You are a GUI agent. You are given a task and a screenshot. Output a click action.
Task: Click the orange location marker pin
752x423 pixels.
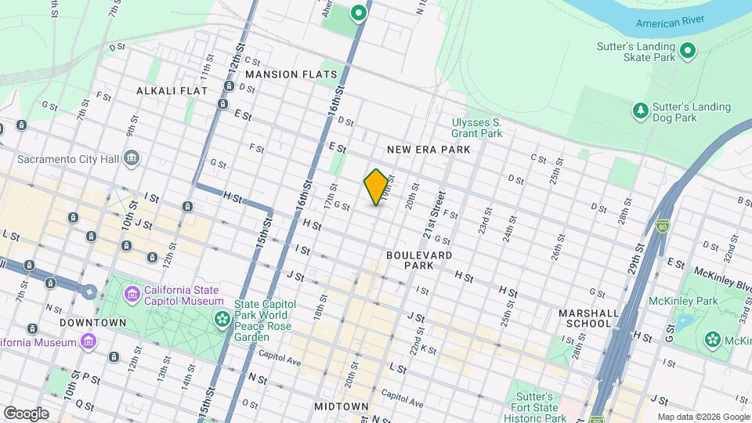pyautogui.click(x=376, y=187)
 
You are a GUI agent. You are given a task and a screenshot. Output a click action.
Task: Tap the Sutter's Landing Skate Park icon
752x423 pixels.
pyautogui.click(x=688, y=52)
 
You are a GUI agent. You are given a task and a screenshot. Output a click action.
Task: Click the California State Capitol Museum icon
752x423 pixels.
pyautogui.click(x=132, y=295)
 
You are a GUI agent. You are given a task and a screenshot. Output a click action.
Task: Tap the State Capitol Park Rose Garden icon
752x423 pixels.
pyautogui.click(x=223, y=318)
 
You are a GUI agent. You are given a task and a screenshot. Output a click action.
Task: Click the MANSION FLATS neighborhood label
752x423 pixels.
pyautogui.click(x=291, y=74)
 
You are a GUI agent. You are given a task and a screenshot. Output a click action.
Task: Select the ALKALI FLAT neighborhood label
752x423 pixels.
pyautogui.click(x=172, y=91)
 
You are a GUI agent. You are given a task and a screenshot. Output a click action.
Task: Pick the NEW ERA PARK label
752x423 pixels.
pyautogui.click(x=428, y=149)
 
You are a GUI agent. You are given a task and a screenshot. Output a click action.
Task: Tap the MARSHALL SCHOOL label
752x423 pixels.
pyautogui.click(x=585, y=318)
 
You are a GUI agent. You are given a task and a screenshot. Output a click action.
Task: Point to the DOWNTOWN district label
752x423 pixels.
pyautogui.click(x=92, y=323)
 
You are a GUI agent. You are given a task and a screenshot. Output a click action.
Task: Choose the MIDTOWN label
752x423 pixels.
pyautogui.click(x=341, y=407)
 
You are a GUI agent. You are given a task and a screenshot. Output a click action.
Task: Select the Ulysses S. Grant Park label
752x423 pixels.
pyautogui.click(x=476, y=128)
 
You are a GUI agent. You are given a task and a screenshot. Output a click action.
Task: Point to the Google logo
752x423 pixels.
pyautogui.click(x=26, y=413)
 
